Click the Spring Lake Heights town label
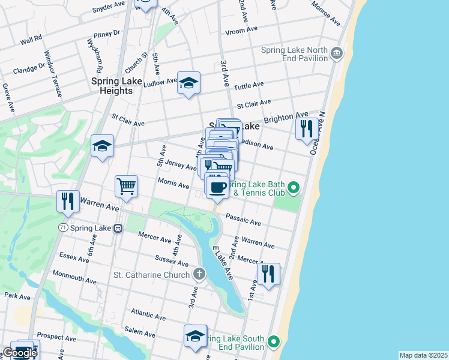click(x=112, y=86)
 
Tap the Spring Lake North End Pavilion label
click(x=294, y=54)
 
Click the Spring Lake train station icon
click(x=118, y=228)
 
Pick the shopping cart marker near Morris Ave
click(x=126, y=186)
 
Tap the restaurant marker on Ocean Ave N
click(x=307, y=128)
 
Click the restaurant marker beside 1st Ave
click(x=268, y=274)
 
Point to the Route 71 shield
click(x=62, y=228)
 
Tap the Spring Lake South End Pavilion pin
click(x=274, y=342)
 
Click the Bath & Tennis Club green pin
click(x=294, y=188)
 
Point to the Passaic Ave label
click(x=243, y=220)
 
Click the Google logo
click(x=20, y=353)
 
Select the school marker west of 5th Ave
click(x=102, y=146)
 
